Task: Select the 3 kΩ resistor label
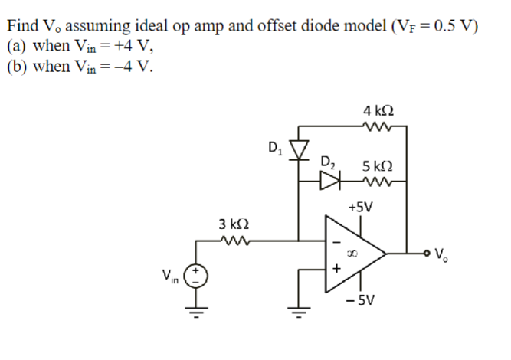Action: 234,224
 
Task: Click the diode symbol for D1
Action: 299,147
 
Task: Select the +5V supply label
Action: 360,207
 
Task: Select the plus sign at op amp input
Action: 334,269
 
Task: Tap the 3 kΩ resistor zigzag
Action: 234,241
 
